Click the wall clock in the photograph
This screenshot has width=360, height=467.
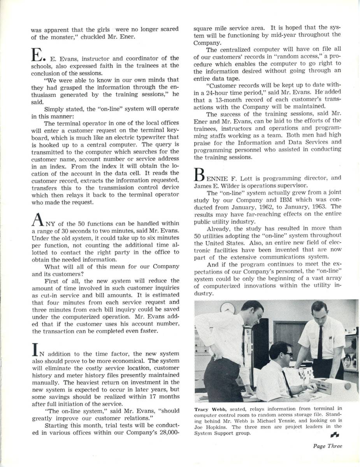tap(228, 309)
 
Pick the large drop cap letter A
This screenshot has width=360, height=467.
tap(38, 221)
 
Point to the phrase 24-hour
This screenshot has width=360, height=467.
tap(223, 92)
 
